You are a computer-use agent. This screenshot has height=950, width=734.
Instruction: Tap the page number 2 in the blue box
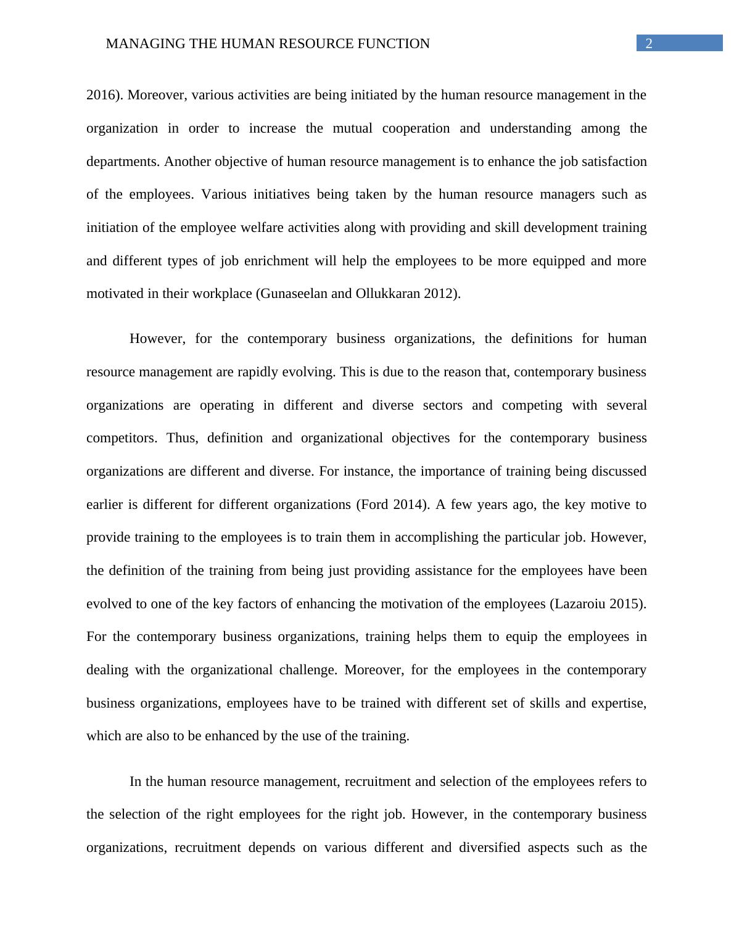(x=649, y=43)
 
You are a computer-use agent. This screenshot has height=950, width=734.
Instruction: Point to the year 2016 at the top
(x=101, y=95)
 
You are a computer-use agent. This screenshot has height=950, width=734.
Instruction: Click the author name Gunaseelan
(x=294, y=294)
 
